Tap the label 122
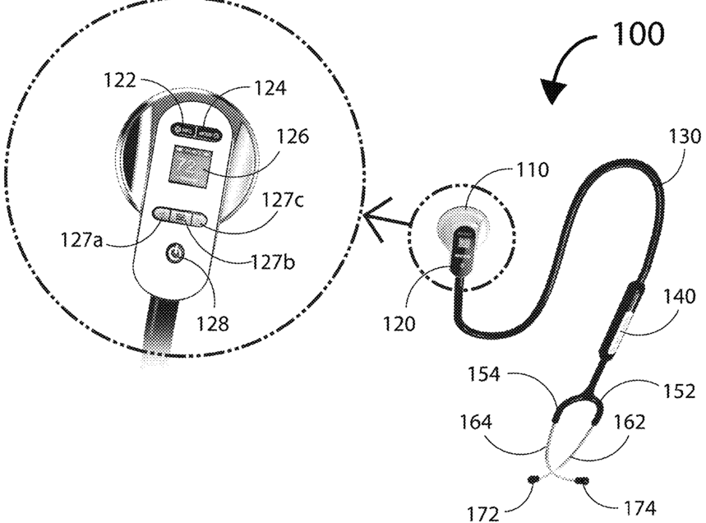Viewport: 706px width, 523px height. click(122, 81)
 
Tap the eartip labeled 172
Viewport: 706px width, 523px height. click(533, 478)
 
